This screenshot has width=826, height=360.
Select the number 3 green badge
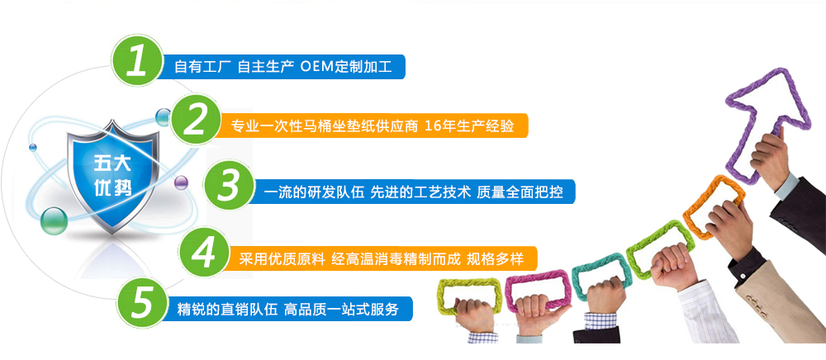coord(229,186)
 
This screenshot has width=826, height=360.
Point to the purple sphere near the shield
coord(181,182)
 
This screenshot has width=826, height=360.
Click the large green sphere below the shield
coord(53,221)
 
